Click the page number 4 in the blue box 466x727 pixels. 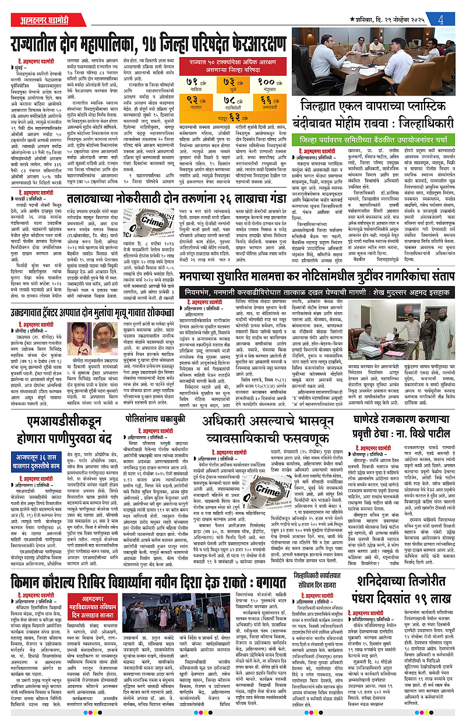point(443,18)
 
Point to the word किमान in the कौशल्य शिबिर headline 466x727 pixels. point(32,567)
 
